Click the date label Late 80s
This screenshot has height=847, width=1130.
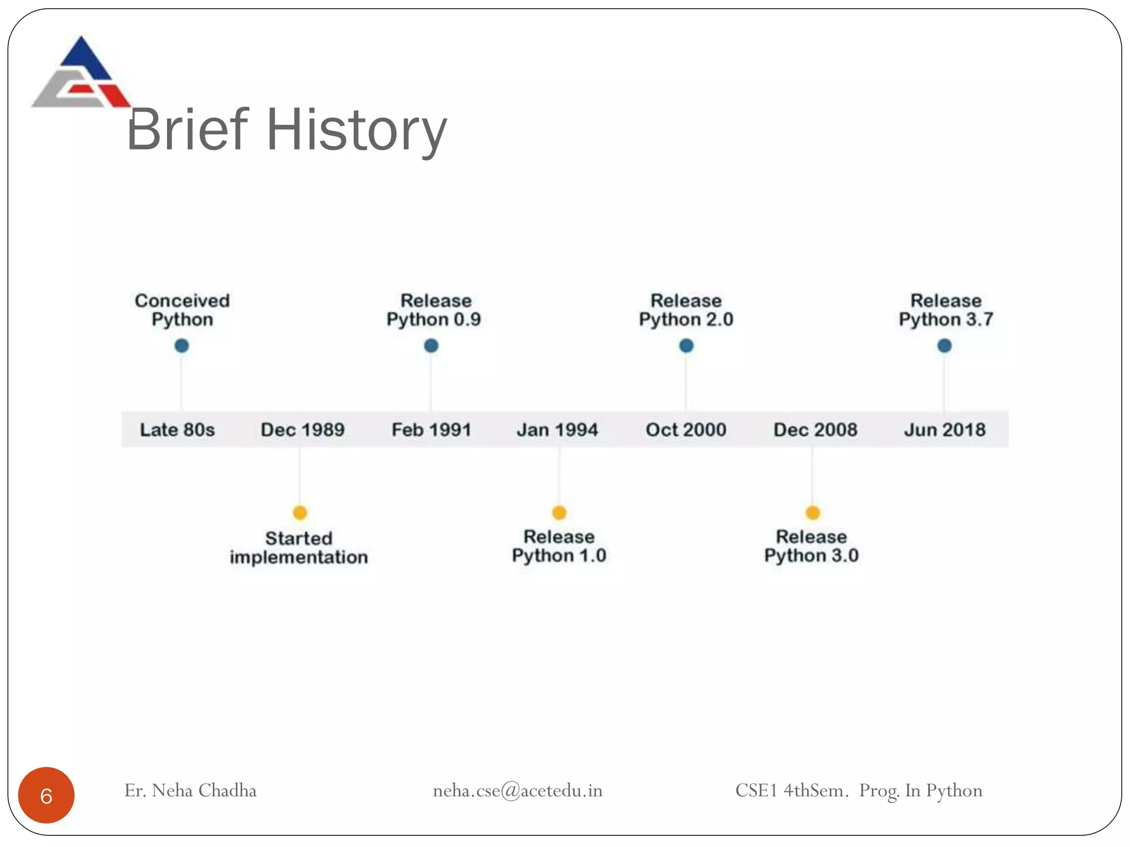177,430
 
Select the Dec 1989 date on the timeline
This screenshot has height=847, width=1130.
302,430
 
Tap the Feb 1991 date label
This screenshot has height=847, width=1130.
431,430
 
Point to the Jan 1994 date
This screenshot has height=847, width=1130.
557,430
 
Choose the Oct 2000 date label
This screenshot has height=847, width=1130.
686,430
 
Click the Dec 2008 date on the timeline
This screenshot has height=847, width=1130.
815,430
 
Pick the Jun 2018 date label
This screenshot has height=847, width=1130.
945,430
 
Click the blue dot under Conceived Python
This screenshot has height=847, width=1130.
182,346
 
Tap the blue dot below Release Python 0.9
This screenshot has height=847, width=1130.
431,346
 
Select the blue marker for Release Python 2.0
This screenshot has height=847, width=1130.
686,346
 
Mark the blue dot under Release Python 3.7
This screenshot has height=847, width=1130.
945,346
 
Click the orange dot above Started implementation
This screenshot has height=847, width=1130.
300,513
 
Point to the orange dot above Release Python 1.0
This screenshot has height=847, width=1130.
559,513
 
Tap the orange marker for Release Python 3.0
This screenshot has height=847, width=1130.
813,513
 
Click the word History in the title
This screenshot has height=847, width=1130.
356,130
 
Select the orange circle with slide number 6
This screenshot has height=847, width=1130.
46,795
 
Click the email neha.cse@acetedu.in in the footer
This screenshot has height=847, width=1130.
518,791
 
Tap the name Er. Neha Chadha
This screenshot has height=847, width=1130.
190,791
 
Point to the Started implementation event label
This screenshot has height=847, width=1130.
299,548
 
